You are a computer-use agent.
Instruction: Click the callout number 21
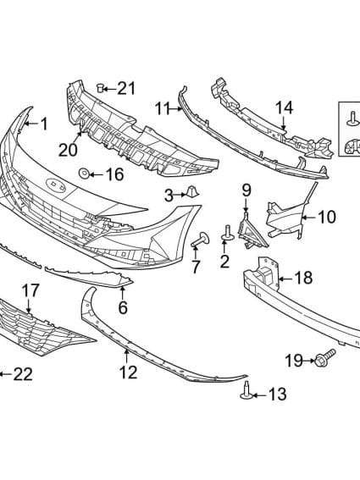click(x=126, y=88)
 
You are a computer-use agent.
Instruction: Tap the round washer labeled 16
click(x=85, y=174)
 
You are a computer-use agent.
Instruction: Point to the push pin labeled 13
click(x=246, y=390)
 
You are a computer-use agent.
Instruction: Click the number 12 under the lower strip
click(x=128, y=371)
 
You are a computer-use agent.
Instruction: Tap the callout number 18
click(x=302, y=278)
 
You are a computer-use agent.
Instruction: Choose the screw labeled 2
click(x=228, y=232)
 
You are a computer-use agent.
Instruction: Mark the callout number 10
click(x=326, y=218)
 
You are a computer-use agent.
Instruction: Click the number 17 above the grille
click(x=30, y=290)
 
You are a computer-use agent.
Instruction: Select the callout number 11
click(x=163, y=108)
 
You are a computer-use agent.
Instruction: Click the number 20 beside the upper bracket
click(x=68, y=150)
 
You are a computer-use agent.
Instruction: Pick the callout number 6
click(x=123, y=308)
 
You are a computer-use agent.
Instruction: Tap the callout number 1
click(x=42, y=124)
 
